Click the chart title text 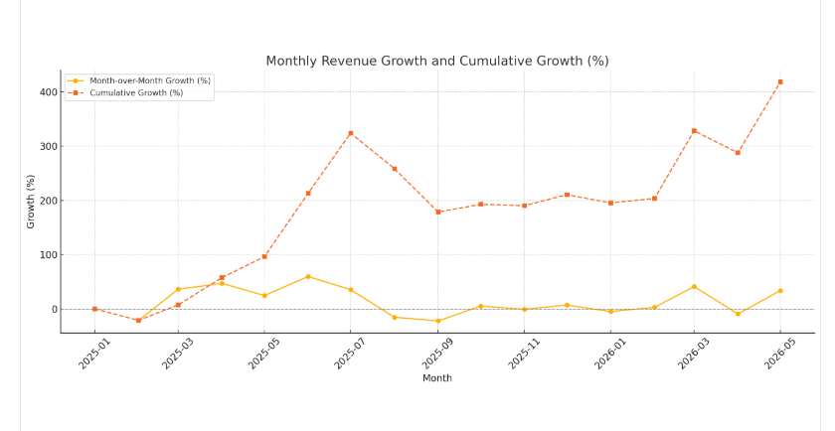click(436, 62)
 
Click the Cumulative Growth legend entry click(136, 92)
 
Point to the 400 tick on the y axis click(49, 92)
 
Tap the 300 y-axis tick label click(49, 147)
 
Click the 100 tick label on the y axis click(49, 255)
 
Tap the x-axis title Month click(436, 378)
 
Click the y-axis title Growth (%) click(31, 202)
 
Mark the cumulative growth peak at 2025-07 click(350, 133)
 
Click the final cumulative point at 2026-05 click(780, 81)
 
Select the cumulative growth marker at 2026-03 click(694, 130)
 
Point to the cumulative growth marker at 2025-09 click(437, 212)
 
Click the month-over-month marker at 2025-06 click(308, 276)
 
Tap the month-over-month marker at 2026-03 click(694, 287)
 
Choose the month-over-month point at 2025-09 click(437, 321)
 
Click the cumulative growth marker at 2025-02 click(138, 320)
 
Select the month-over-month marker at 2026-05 click(780, 291)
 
